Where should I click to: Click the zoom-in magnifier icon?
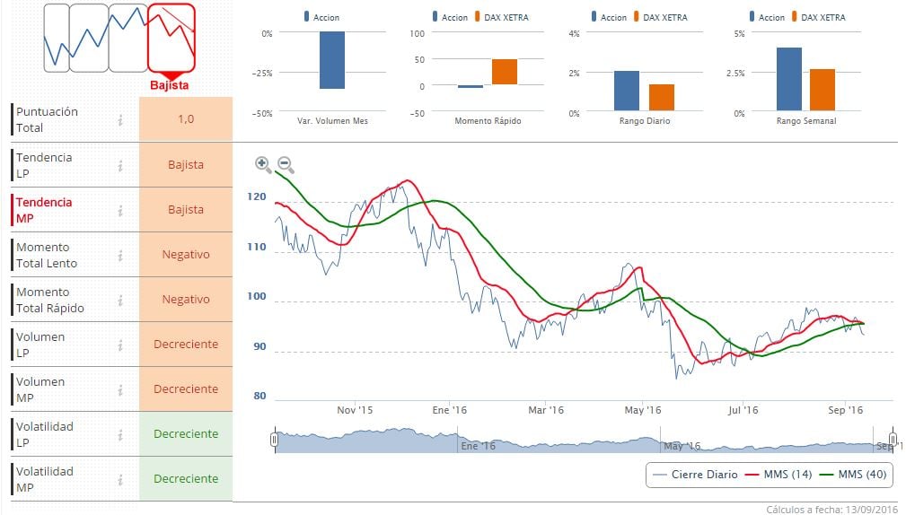tap(262, 163)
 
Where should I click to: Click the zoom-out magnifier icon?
tap(285, 163)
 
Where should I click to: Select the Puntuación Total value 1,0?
tap(186, 119)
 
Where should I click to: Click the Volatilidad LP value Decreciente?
tap(186, 434)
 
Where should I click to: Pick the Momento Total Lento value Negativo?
tap(186, 255)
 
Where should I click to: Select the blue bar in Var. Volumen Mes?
tap(332, 60)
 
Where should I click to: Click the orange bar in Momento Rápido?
tap(504, 72)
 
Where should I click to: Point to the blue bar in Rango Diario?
tap(627, 91)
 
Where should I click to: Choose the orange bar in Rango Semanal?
tap(822, 90)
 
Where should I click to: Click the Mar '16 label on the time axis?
tap(545, 410)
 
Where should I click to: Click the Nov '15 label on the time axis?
tap(355, 410)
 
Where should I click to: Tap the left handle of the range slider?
tap(274, 439)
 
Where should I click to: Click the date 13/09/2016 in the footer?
tap(869, 509)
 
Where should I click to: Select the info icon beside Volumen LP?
tap(119, 345)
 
